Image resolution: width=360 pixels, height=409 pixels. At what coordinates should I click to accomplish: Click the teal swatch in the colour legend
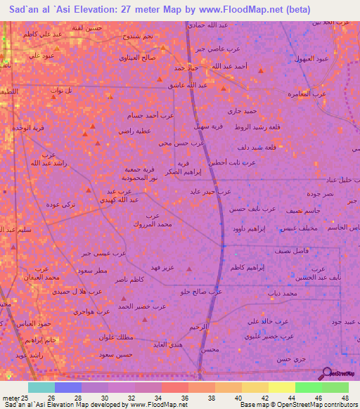coord(41,387)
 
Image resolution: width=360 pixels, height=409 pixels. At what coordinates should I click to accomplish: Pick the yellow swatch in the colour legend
coord(282,387)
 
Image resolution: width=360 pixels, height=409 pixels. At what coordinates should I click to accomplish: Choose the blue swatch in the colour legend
coord(68,387)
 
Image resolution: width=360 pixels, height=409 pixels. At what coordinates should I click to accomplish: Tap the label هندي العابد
coord(169,345)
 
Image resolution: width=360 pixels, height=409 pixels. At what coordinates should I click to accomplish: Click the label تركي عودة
coord(61,204)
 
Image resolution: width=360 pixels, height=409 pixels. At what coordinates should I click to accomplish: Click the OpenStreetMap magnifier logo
coord(325,373)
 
